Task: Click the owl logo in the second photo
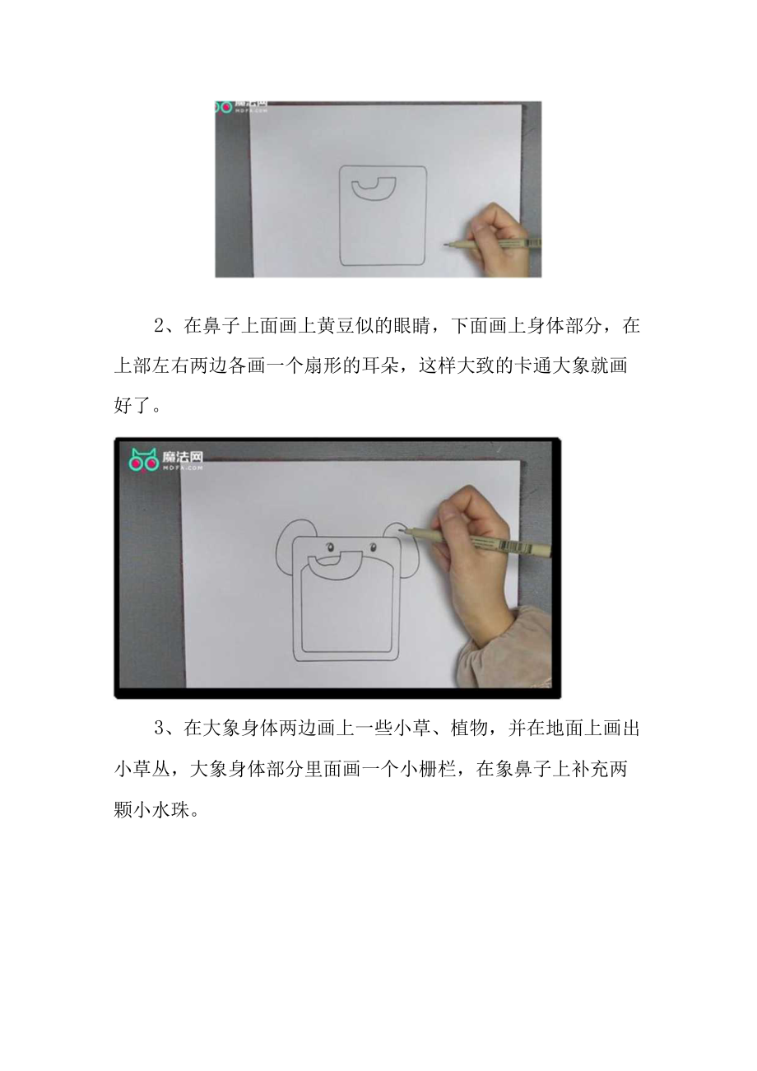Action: click(x=145, y=460)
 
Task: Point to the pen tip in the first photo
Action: click(x=445, y=244)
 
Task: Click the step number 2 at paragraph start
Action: click(x=160, y=326)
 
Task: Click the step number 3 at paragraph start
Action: click(x=160, y=728)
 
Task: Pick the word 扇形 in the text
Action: click(x=325, y=366)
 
